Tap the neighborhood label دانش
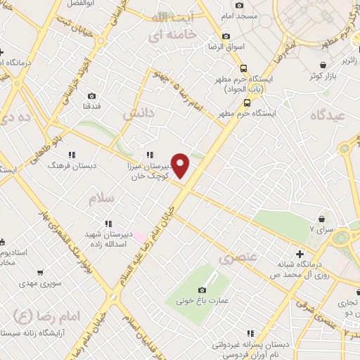(x=138, y=113)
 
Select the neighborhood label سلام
(x=101, y=200)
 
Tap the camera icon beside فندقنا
(x=92, y=96)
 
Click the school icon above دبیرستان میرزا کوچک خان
(x=150, y=155)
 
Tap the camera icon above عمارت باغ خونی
(x=202, y=290)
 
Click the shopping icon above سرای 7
(x=322, y=219)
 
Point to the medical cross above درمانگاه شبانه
(x=300, y=253)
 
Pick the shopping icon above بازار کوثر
(x=311, y=74)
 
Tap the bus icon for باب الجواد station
(x=243, y=68)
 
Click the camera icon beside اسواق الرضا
(x=226, y=37)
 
